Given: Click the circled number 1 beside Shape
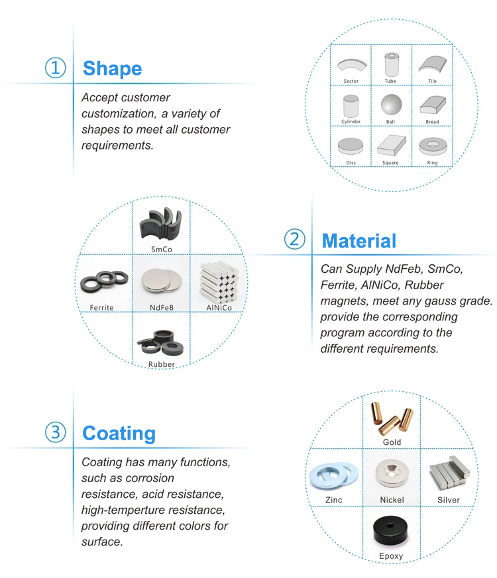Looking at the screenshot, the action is (x=56, y=68).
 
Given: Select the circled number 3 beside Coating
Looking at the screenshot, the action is (x=56, y=432).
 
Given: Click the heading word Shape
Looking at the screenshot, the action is (x=112, y=69).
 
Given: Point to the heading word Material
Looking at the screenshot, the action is (x=359, y=241).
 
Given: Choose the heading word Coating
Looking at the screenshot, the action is (x=119, y=434).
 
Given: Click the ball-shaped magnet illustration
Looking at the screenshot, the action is (x=391, y=105).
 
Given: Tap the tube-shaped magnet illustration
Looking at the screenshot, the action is (x=392, y=64).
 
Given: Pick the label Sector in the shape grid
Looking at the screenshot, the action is (x=351, y=81).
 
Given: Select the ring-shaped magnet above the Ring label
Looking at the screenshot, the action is (x=433, y=147).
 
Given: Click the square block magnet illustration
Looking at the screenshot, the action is (x=392, y=145).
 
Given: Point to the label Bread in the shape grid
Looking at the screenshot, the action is (x=433, y=122).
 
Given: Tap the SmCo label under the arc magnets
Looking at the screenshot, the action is (x=162, y=250).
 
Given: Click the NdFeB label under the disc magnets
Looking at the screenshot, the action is (x=162, y=307).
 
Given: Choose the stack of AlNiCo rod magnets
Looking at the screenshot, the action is (x=219, y=281).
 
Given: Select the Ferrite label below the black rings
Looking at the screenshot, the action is (x=101, y=307).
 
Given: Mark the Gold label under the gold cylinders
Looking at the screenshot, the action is (x=392, y=442).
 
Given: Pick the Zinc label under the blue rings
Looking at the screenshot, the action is (x=334, y=500).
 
